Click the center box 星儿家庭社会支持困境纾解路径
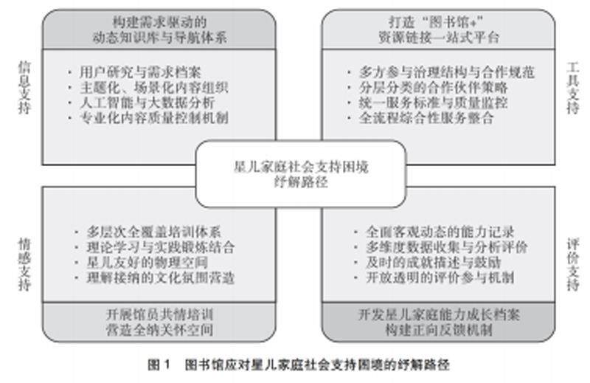[x=300, y=175]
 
